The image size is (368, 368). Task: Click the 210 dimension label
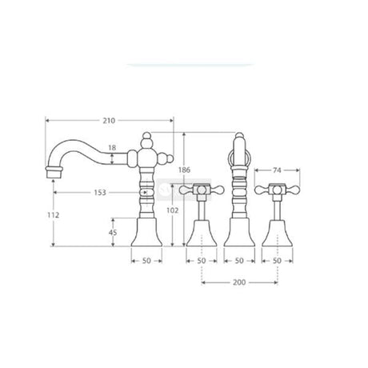tap(109, 121)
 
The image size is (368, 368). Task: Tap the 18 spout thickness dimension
tap(112, 147)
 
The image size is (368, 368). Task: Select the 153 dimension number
tap(100, 193)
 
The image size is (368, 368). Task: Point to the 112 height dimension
tap(54, 215)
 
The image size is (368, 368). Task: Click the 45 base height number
tap(113, 233)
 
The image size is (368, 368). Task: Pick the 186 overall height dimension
tap(184, 170)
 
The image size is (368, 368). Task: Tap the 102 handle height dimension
tap(173, 210)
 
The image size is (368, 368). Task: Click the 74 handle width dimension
tap(277, 170)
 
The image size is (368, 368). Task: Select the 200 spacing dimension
tap(239, 282)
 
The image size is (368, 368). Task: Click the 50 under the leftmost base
tap(146, 261)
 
